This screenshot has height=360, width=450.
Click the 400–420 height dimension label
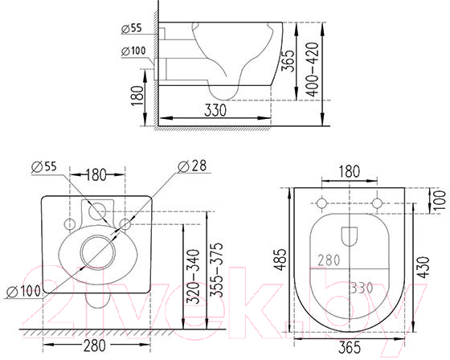pyautogui.click(x=313, y=69)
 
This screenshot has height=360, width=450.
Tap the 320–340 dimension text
pyautogui.click(x=193, y=276)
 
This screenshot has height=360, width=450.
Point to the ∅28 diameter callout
pyautogui.click(x=192, y=166)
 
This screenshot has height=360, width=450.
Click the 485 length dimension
pyautogui.click(x=280, y=260)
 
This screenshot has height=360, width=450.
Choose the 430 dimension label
pyautogui.click(x=423, y=268)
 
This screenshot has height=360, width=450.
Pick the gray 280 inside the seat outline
pyautogui.click(x=329, y=260)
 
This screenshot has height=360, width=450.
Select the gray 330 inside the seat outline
pyautogui.click(x=362, y=288)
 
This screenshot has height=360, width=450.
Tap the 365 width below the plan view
pyautogui.click(x=350, y=348)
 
